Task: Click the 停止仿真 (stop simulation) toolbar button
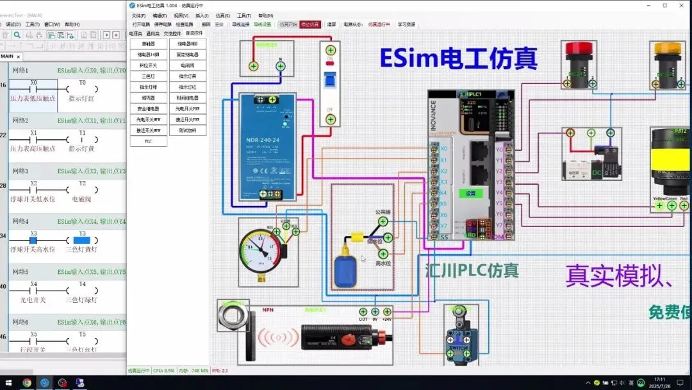(x=309, y=24)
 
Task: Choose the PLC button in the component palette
(x=148, y=141)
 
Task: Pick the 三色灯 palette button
(x=148, y=76)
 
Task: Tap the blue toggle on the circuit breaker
(x=330, y=79)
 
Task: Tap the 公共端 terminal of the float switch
(x=383, y=221)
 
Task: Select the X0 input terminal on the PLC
(x=435, y=149)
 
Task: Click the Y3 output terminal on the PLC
(x=508, y=182)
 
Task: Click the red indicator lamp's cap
(x=579, y=47)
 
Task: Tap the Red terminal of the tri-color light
(x=684, y=206)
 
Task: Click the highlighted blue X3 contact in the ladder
(x=33, y=240)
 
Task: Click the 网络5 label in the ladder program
(x=21, y=271)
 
